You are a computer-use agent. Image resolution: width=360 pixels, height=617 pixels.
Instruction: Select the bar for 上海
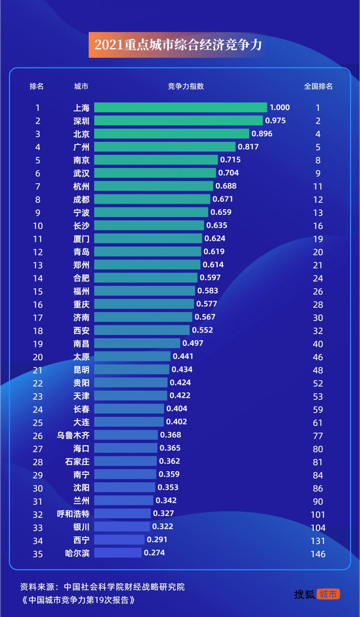[181, 108]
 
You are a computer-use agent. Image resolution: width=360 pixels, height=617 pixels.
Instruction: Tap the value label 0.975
[275, 121]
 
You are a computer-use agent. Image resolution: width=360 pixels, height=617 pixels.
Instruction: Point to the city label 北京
[81, 134]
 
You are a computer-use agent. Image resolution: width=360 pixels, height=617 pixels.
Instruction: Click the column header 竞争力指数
[186, 86]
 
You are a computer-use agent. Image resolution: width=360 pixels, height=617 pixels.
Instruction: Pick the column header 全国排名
[318, 86]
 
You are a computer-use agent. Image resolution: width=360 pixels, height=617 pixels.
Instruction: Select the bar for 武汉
[155, 173]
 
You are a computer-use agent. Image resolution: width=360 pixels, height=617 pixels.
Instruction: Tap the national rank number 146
[318, 554]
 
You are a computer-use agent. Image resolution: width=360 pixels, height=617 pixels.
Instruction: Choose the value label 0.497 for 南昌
[193, 343]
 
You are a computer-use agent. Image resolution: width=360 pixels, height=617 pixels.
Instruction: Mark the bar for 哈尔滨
[118, 553]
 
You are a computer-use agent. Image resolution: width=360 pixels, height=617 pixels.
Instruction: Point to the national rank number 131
[318, 541]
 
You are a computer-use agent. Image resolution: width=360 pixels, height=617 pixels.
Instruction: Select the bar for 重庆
[144, 304]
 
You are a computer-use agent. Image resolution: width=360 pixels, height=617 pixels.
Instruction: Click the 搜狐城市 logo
[317, 594]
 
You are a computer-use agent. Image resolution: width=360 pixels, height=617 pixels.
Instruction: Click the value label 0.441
[183, 357]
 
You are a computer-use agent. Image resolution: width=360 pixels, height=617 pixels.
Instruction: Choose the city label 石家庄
[77, 462]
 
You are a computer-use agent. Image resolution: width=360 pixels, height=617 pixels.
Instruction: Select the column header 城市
[81, 86]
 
